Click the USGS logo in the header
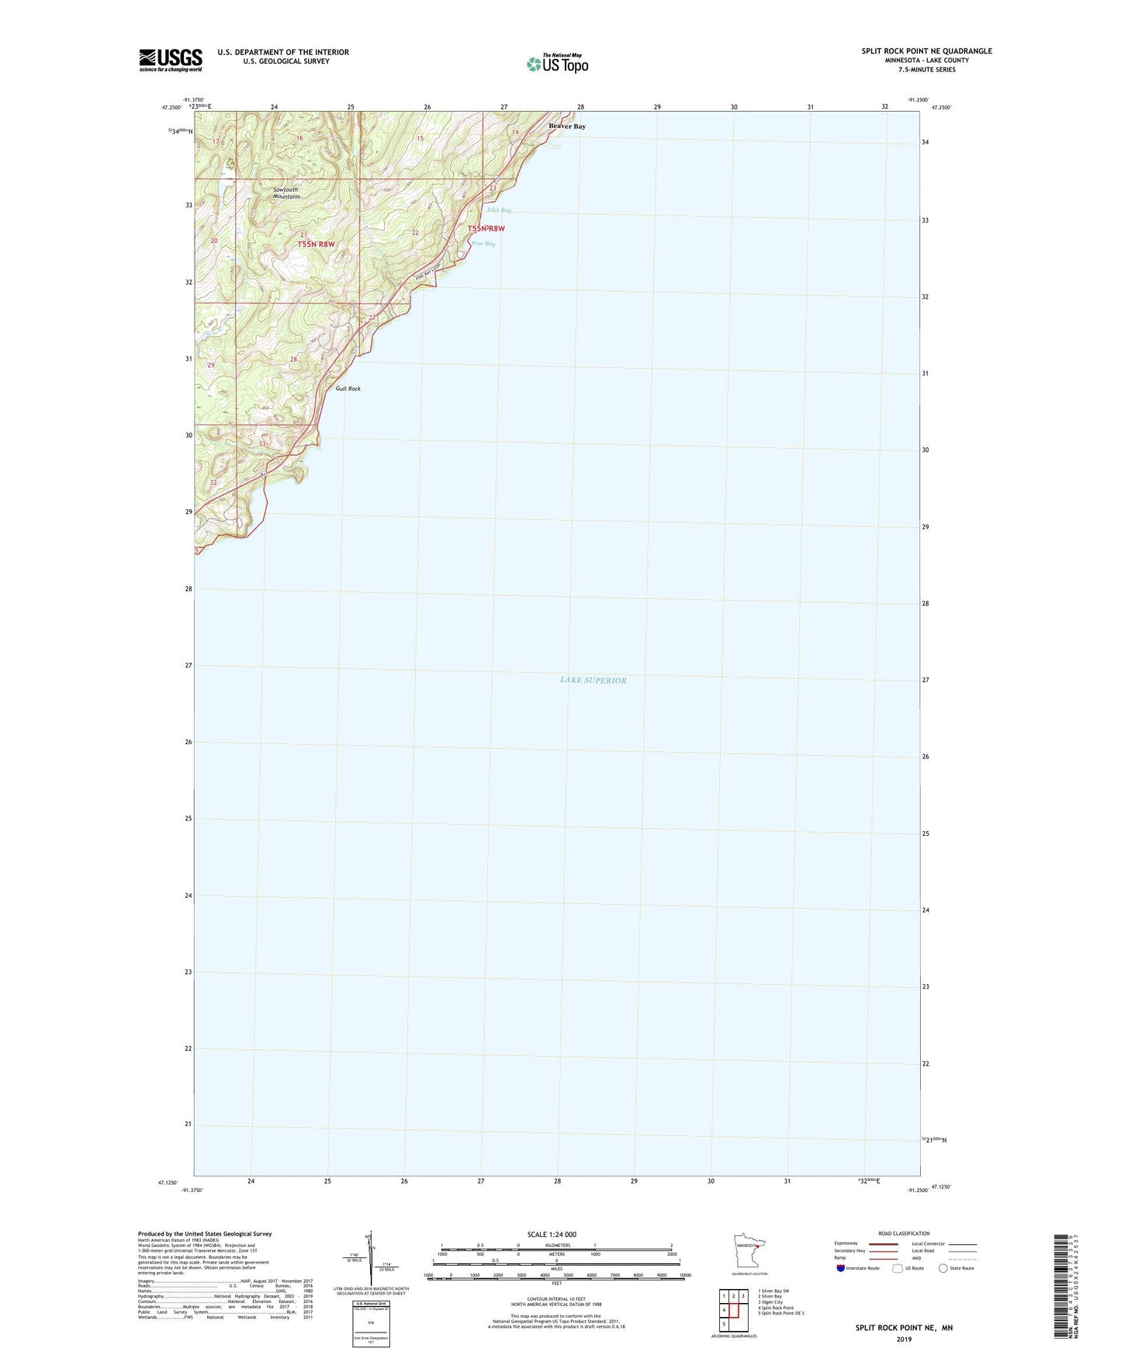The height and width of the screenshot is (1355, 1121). pos(171,60)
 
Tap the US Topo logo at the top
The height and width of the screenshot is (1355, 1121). pos(557,64)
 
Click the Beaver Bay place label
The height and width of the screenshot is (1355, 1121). pos(567,126)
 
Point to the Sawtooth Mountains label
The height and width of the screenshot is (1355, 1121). pos(285,193)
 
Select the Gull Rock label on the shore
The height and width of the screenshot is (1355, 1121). pos(348,389)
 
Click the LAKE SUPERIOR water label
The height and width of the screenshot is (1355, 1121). pos(593,681)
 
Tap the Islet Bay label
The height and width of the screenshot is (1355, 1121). pos(499,210)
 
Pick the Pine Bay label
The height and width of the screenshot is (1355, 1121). pos(483,244)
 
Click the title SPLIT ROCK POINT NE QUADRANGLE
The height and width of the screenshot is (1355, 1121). pos(926,51)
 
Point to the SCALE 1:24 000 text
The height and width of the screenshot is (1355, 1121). pos(552,1235)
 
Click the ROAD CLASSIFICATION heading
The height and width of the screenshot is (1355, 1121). pos(904,1233)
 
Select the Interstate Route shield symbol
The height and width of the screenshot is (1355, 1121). pos(841,1269)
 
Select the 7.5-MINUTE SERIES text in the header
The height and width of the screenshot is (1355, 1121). pos(926,70)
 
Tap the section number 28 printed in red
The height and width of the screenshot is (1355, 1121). pos(293,359)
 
